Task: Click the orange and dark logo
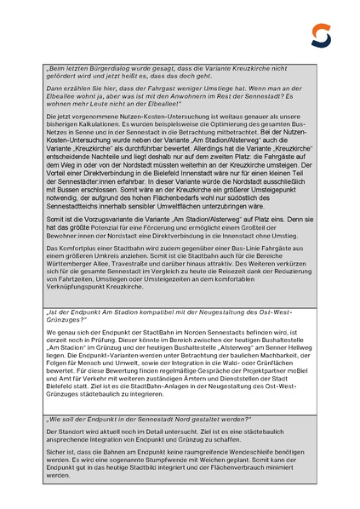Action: click(321, 35)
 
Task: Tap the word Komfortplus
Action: click(74, 247)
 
